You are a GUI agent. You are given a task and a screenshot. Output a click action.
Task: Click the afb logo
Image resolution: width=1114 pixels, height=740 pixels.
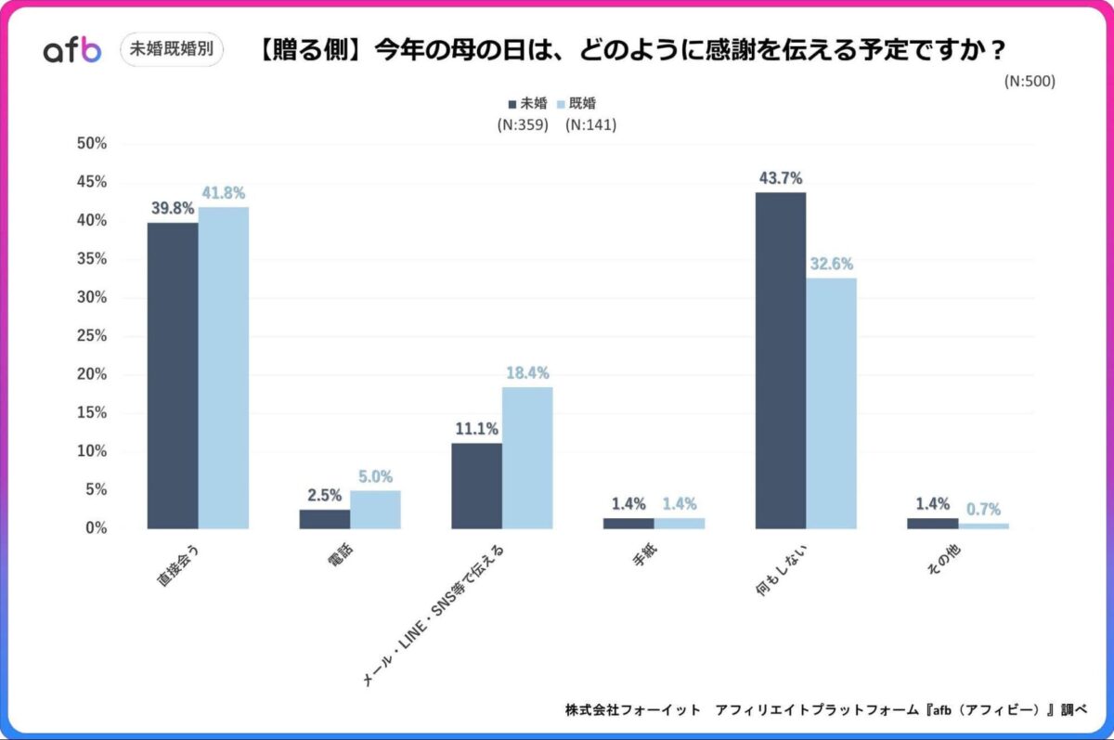pyautogui.click(x=71, y=50)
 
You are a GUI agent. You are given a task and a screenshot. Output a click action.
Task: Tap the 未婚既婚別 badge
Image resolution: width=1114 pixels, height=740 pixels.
pyautogui.click(x=172, y=49)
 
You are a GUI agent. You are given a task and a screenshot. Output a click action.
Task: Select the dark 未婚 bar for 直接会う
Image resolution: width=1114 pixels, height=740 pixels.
pyautogui.click(x=173, y=375)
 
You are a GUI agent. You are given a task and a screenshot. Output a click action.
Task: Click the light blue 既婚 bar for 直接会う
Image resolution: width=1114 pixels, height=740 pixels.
pyautogui.click(x=224, y=368)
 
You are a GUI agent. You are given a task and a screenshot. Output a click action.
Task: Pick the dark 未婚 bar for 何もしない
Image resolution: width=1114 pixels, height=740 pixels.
pyautogui.click(x=781, y=360)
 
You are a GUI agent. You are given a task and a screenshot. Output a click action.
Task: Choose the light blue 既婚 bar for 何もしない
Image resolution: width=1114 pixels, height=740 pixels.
pyautogui.click(x=831, y=403)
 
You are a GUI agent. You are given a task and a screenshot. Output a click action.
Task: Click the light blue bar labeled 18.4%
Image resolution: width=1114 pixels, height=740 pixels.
pyautogui.click(x=527, y=458)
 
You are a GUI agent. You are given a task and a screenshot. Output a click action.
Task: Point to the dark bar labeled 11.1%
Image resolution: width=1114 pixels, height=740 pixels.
pyautogui.click(x=477, y=486)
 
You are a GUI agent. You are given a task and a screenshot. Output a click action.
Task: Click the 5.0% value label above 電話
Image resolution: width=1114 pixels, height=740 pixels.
pyautogui.click(x=375, y=476)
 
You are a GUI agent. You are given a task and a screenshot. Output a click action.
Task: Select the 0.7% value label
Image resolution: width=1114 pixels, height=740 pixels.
pyautogui.click(x=983, y=510)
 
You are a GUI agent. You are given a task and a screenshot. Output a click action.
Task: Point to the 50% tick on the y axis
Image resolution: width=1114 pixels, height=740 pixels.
pyautogui.click(x=92, y=144)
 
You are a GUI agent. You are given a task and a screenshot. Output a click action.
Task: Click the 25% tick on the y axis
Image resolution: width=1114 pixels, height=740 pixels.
pyautogui.click(x=92, y=336)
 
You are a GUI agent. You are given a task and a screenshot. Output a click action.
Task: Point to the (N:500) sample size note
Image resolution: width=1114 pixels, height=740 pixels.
pyautogui.click(x=1030, y=81)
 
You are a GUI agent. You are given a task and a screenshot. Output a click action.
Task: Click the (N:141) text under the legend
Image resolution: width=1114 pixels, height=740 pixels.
pyautogui.click(x=591, y=124)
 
